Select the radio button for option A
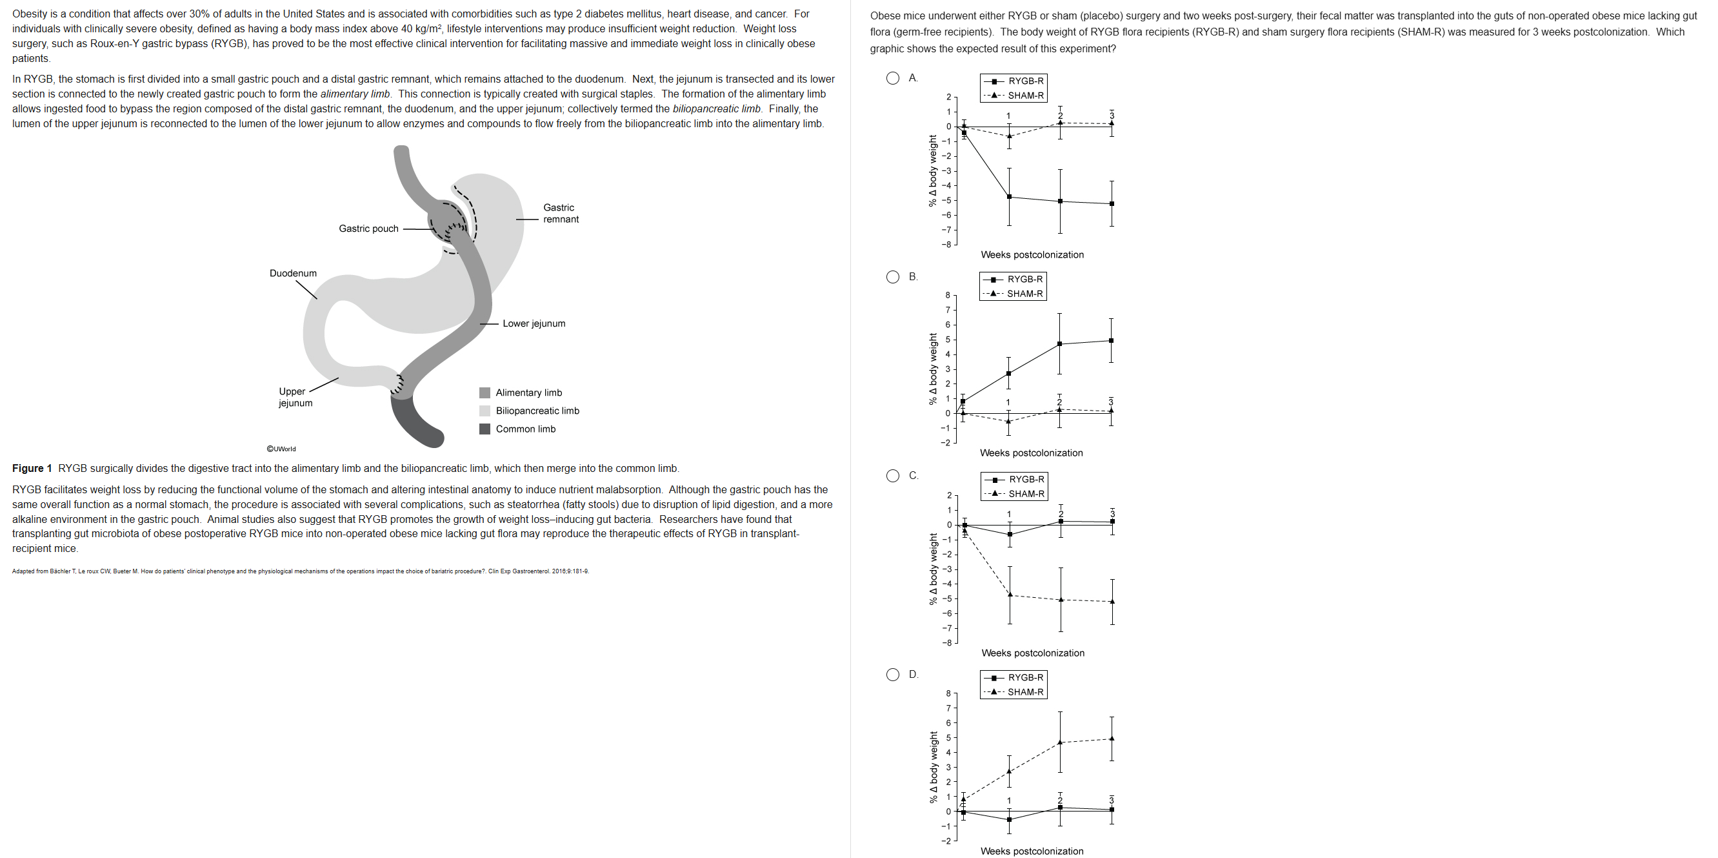click(892, 78)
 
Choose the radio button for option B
click(892, 277)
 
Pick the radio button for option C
click(892, 476)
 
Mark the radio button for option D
click(892, 675)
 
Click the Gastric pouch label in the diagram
click(368, 228)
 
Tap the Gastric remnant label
click(560, 214)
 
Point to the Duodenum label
click(293, 274)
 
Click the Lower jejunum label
click(534, 323)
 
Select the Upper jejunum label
click(295, 397)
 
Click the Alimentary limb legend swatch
click(485, 393)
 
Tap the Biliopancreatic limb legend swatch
click(485, 411)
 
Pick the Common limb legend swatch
click(485, 429)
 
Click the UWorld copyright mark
click(281, 449)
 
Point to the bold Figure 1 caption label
click(32, 468)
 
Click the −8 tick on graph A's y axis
click(946, 245)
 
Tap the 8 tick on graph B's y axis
click(948, 295)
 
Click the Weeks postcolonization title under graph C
click(1032, 653)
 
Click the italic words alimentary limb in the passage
click(355, 94)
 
